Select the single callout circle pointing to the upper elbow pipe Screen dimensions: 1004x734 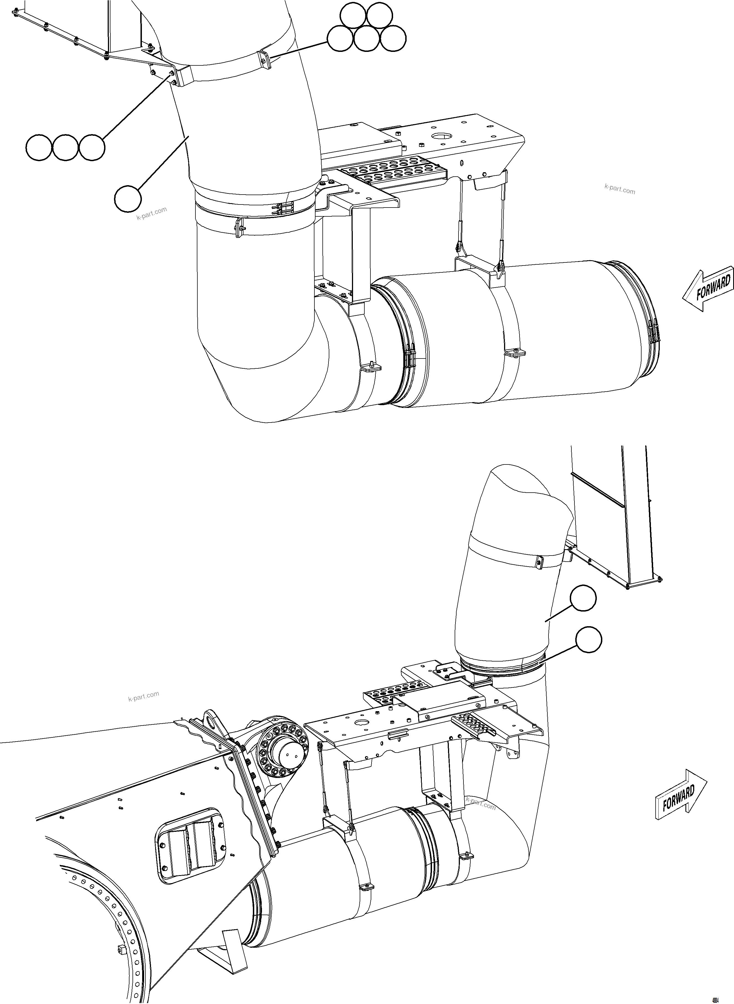click(x=128, y=199)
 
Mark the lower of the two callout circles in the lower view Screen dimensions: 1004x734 click(x=589, y=640)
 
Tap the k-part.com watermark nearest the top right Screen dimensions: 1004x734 click(x=619, y=190)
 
